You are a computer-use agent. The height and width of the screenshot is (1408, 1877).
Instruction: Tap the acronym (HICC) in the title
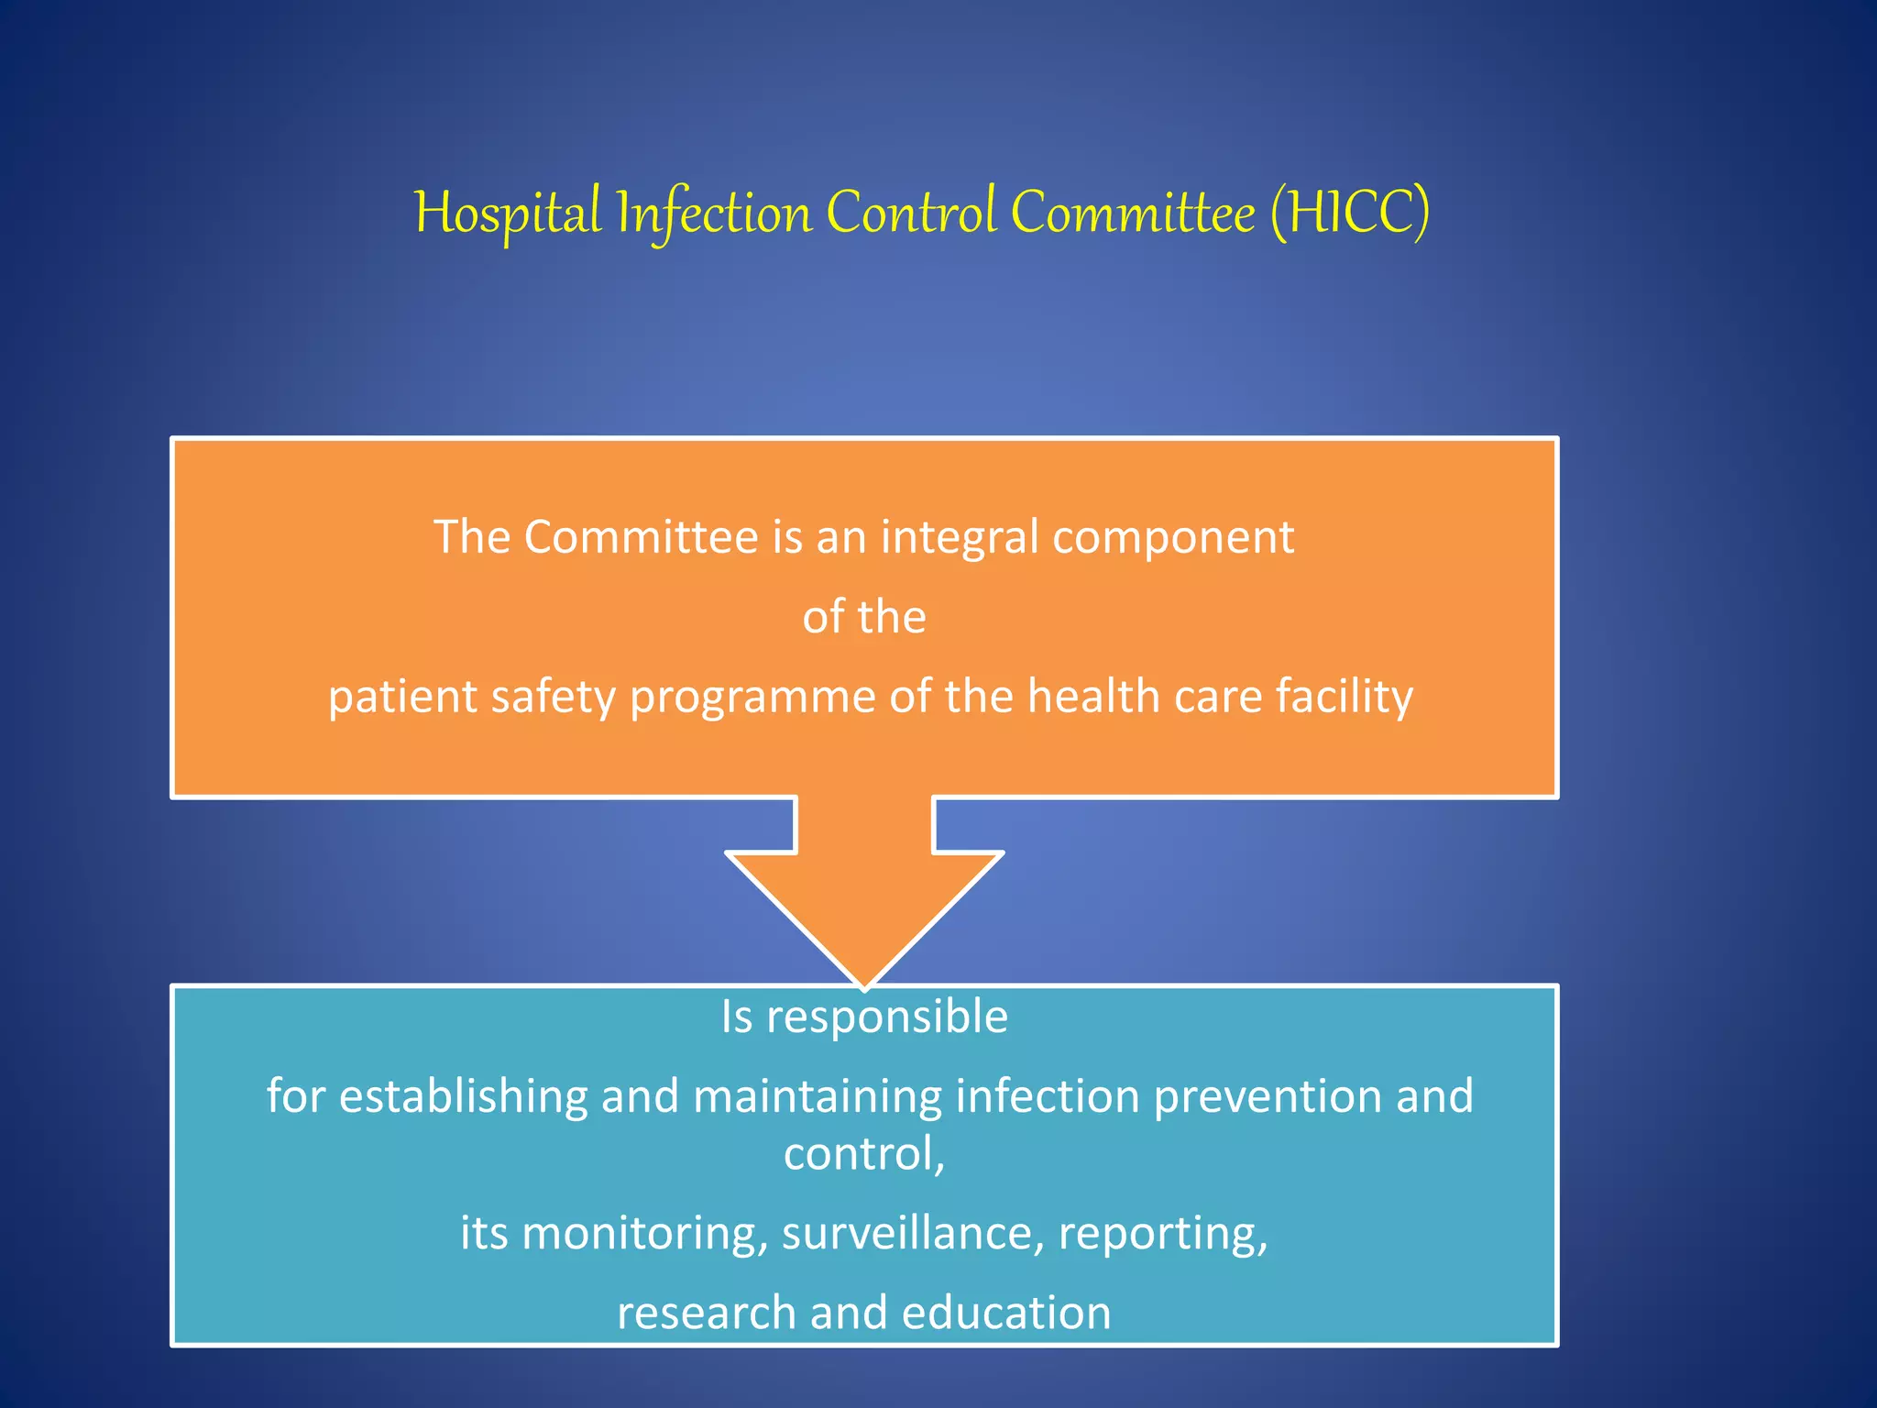coord(1349,214)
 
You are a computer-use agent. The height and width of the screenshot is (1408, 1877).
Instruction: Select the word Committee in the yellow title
coord(1133,214)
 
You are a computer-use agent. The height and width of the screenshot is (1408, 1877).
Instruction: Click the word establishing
coord(463,1097)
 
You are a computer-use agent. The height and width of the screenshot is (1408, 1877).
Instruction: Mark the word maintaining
coord(818,1097)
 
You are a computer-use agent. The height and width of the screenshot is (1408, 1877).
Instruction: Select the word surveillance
coord(912,1233)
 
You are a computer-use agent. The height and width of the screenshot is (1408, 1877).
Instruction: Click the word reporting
coord(1162,1235)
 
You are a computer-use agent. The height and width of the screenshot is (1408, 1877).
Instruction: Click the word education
coord(1005,1313)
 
